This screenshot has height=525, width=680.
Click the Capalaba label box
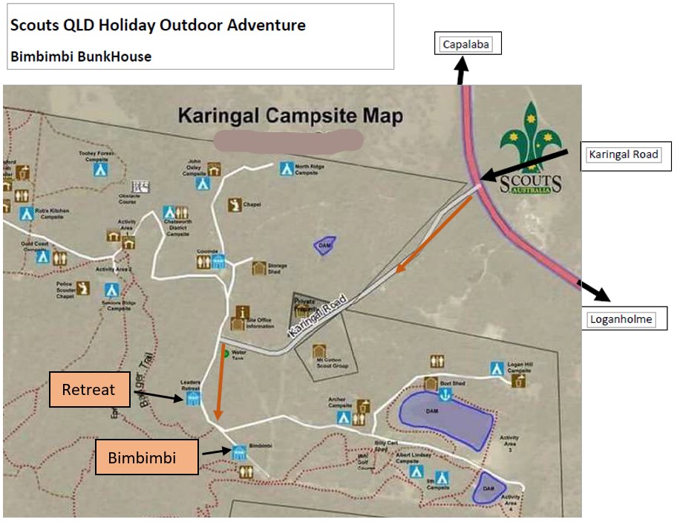(468, 45)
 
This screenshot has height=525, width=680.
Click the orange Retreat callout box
(89, 389)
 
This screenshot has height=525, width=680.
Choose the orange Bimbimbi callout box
(147, 457)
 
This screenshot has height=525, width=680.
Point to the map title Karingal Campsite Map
(290, 117)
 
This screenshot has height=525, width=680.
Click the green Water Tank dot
(226, 354)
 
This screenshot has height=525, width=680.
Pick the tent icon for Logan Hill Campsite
(497, 368)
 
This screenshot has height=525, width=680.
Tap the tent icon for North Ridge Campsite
(285, 169)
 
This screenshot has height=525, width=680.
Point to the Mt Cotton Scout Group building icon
(320, 351)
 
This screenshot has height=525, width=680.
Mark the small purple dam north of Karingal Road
(324, 246)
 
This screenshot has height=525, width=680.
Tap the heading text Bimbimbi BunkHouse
(81, 56)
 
